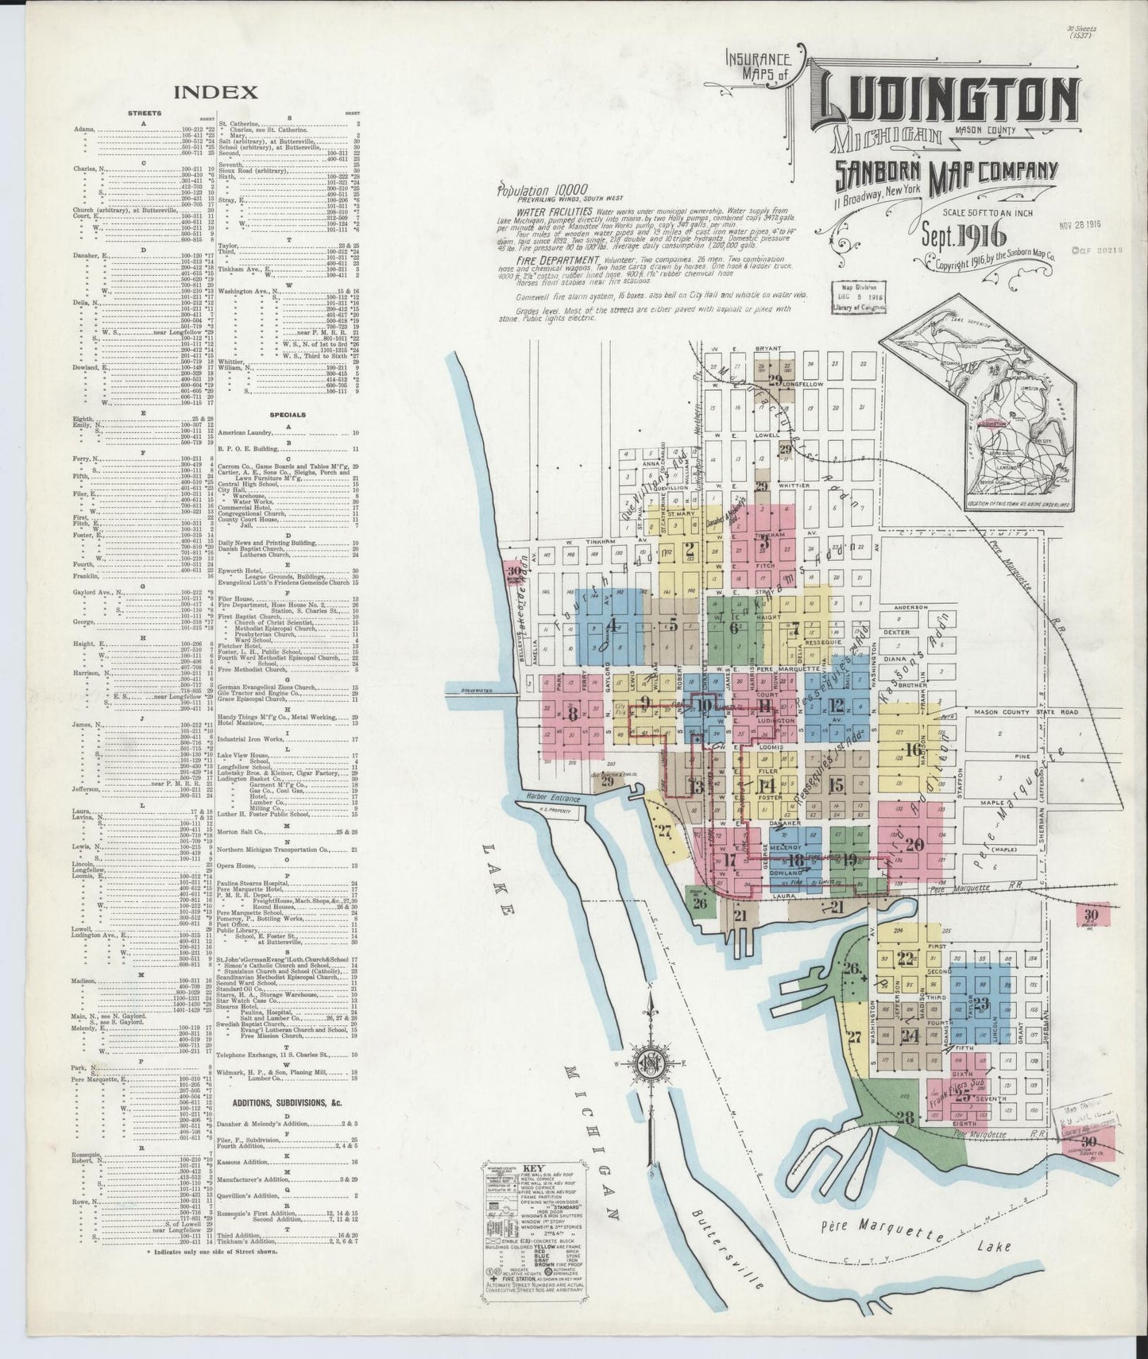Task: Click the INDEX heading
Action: pos(215,92)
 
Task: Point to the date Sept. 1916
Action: pos(964,235)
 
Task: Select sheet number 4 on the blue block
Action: pos(611,625)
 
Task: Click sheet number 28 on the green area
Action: pos(904,1117)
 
